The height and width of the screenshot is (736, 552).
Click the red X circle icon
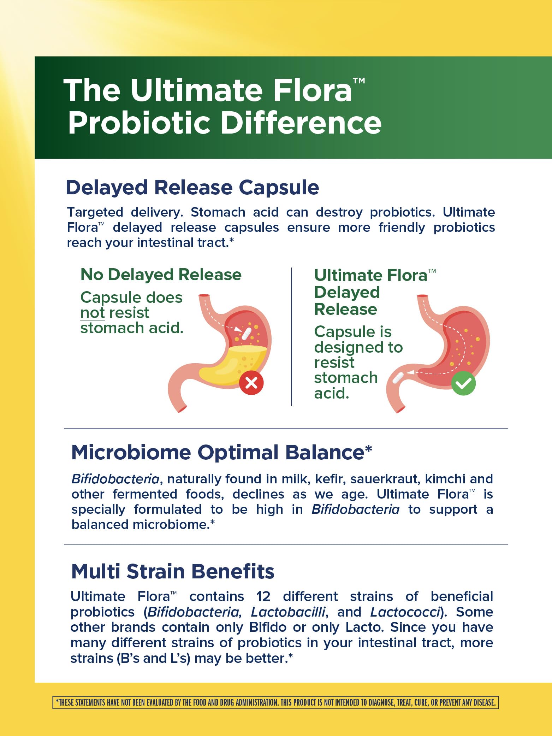click(251, 383)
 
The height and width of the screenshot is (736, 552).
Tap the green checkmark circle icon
click(463, 383)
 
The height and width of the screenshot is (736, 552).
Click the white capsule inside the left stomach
click(246, 334)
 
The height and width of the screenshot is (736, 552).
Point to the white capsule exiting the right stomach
click(398, 378)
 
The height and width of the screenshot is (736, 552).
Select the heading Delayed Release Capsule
click(192, 187)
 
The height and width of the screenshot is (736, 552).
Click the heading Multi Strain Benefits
click(172, 571)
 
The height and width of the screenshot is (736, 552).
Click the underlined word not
click(92, 313)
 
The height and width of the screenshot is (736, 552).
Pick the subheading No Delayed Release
click(161, 275)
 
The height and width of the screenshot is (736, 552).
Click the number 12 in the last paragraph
click(263, 596)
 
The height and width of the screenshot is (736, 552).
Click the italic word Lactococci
click(405, 612)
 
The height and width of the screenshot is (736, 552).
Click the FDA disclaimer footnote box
click(275, 702)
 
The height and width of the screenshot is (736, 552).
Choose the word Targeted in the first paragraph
click(95, 212)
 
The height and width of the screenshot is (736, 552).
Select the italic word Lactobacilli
click(288, 612)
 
